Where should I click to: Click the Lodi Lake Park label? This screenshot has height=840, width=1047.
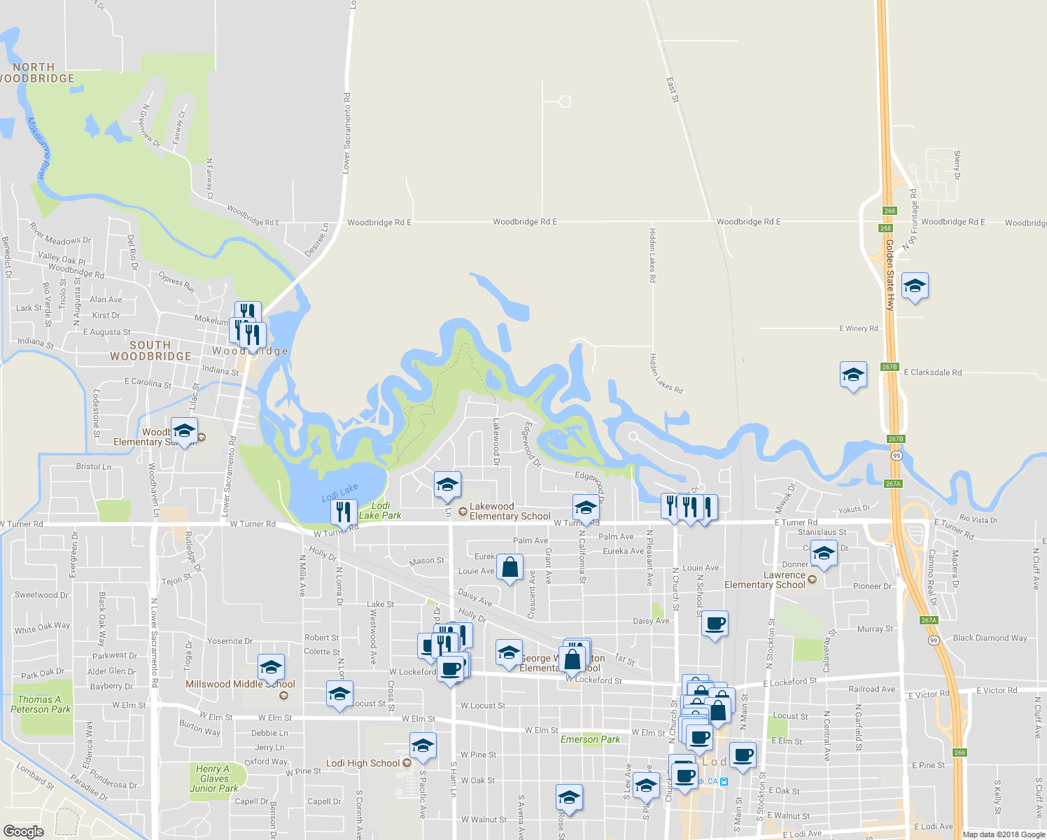point(380,510)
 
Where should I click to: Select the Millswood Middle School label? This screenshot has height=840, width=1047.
point(240,684)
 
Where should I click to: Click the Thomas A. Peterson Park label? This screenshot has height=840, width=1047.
point(41,704)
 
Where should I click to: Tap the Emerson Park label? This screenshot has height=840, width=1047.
point(590,739)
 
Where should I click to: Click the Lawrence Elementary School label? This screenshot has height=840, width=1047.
point(765,580)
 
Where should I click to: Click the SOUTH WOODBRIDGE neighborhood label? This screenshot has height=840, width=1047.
point(150,351)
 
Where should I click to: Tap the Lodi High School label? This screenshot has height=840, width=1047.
point(363,763)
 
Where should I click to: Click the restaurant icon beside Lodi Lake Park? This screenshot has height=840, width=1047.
point(343,512)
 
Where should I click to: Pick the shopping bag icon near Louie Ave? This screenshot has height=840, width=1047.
point(510,566)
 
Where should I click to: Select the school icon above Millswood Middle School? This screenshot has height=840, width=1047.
point(271,667)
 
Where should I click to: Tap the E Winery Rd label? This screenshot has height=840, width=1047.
point(858,328)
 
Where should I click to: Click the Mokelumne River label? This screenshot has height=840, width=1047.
point(40,148)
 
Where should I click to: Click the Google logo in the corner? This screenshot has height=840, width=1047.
point(23,831)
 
